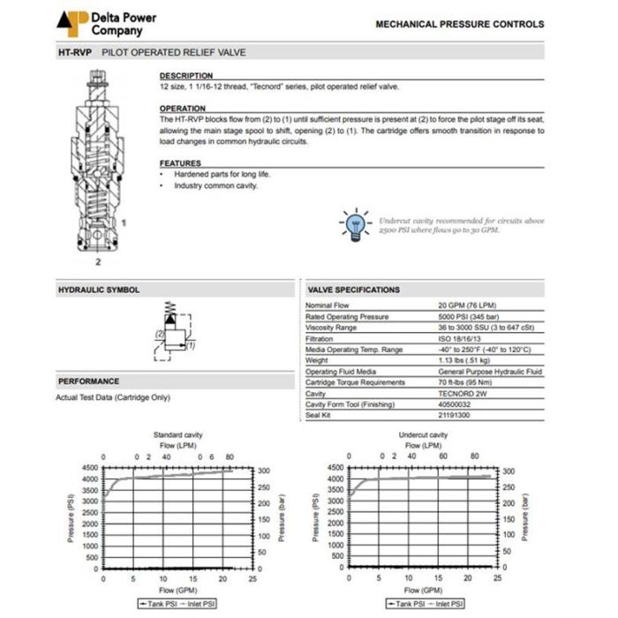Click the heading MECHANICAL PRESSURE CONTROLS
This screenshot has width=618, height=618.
click(460, 25)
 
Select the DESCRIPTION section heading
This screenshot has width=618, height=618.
click(185, 76)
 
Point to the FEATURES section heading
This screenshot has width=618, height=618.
click(179, 163)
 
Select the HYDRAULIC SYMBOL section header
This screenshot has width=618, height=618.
click(98, 290)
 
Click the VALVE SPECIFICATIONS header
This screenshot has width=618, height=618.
click(353, 290)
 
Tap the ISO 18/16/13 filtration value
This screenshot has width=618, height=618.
click(463, 338)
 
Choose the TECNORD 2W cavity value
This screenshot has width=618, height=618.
click(463, 393)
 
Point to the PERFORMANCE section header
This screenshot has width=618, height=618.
click(88, 381)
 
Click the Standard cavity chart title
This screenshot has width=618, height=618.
click(177, 435)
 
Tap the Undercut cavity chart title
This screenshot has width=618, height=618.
click(424, 435)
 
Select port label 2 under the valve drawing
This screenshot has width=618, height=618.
click(98, 262)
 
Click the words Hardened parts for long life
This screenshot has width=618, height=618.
click(222, 175)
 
